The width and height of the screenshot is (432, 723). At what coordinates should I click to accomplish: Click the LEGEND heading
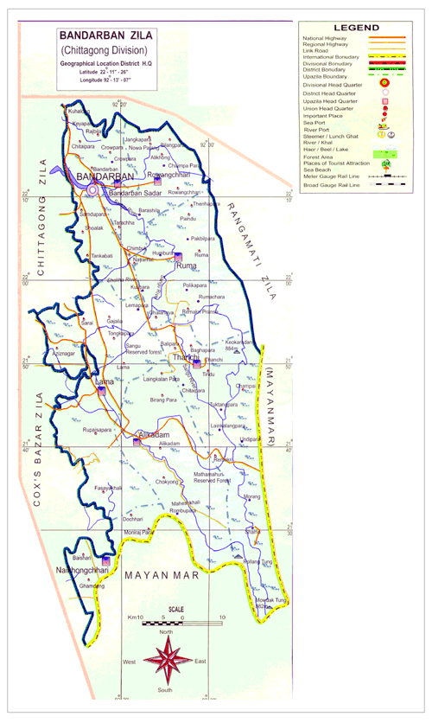[361, 29]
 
